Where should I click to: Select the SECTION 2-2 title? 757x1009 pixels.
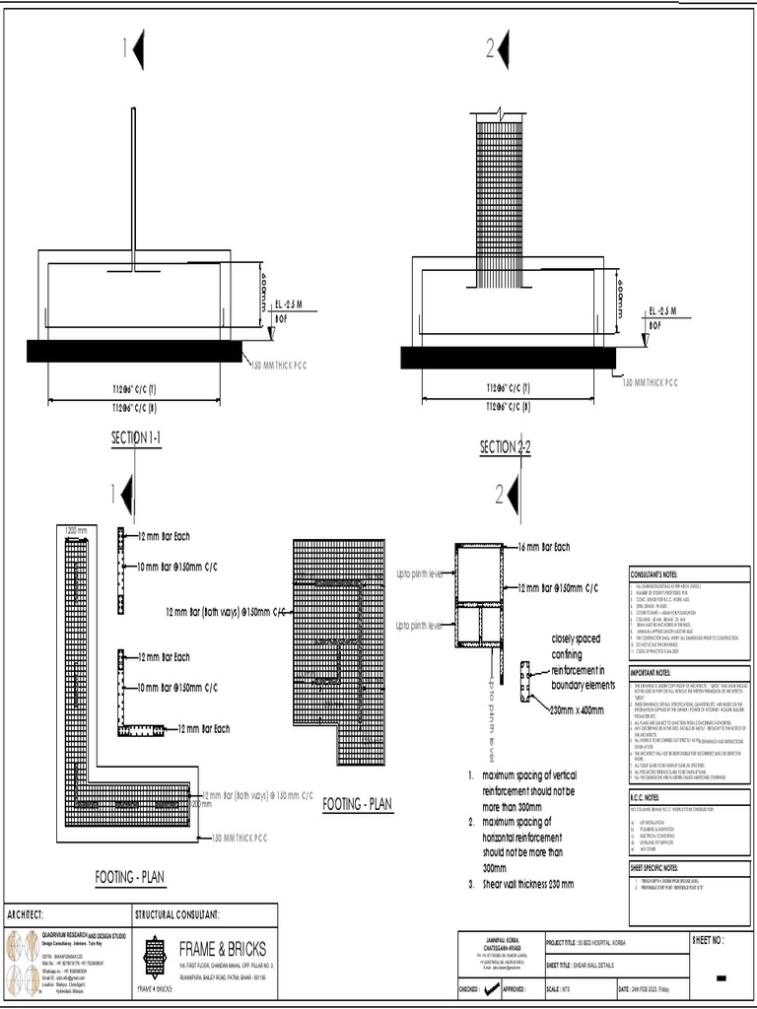pos(506,447)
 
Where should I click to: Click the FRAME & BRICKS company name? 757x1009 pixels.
pos(223,949)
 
